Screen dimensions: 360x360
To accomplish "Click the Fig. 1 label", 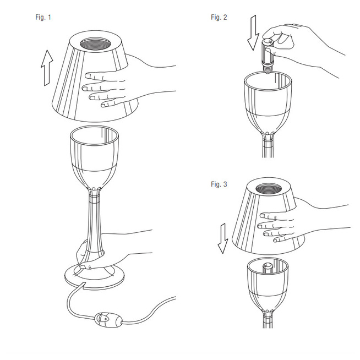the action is [x=43, y=17].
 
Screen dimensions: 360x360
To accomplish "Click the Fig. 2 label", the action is [x=219, y=17].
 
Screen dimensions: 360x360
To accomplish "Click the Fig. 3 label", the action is [x=219, y=184].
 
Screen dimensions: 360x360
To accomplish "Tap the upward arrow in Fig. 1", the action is [x=47, y=68].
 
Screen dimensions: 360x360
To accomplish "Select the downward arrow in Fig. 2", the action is [x=253, y=32].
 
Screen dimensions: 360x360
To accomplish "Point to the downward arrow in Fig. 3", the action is [x=223, y=238].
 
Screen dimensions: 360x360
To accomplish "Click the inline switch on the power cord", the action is [x=108, y=319].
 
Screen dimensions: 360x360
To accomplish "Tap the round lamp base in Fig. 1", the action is [x=94, y=276].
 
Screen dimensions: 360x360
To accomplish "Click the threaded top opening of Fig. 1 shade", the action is [x=95, y=44].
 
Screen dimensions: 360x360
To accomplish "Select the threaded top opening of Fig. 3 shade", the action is [x=269, y=189].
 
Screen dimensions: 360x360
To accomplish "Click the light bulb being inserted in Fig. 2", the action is [x=268, y=56].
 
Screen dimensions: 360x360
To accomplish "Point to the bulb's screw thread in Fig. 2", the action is [x=268, y=69].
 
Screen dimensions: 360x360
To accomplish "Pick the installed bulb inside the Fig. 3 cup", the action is [x=268, y=268].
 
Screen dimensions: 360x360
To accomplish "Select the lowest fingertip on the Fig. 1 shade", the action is [x=104, y=105].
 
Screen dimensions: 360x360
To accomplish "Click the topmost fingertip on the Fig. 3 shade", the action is [x=263, y=216].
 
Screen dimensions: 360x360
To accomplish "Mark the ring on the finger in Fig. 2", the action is [x=297, y=25].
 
